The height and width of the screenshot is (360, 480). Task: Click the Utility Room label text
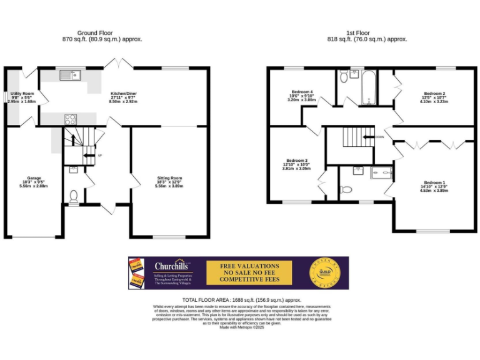(22, 93)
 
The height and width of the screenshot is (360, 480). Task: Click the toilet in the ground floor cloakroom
(74, 196)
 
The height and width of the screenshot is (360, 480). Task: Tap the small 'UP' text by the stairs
(100, 155)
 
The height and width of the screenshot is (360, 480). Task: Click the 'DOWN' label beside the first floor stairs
(379, 136)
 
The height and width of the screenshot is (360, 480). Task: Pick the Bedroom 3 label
(297, 160)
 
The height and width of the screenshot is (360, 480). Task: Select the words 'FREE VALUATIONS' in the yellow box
(249, 266)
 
